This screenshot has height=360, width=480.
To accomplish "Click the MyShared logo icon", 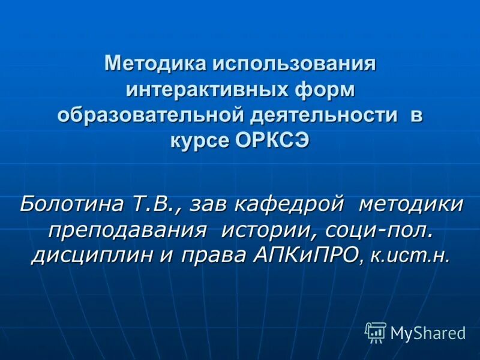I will point(376,332).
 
